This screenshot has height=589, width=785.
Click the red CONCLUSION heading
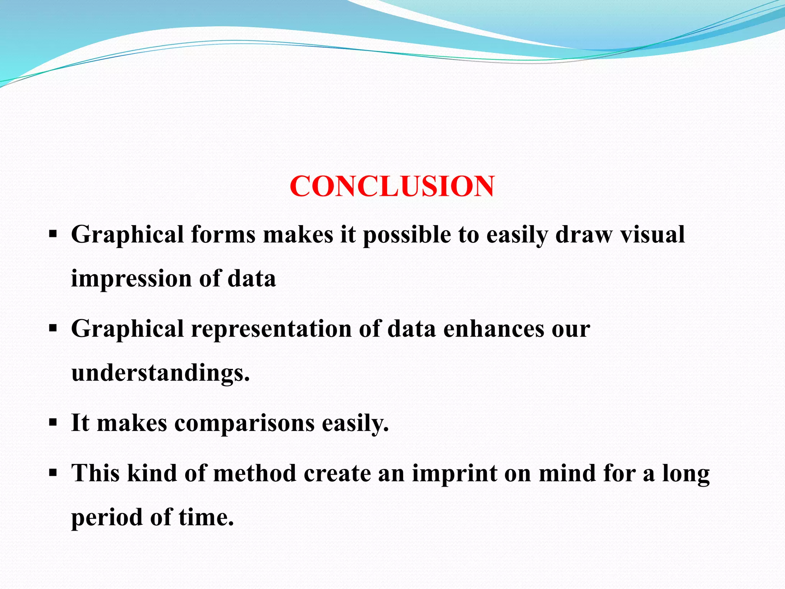click(x=392, y=186)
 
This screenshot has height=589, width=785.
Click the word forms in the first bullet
click(x=223, y=235)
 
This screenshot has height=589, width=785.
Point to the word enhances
click(x=494, y=329)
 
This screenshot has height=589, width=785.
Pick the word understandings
click(x=160, y=373)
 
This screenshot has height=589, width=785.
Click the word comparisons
click(x=244, y=423)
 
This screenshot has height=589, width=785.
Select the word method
click(x=255, y=473)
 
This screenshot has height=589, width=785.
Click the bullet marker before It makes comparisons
click(x=53, y=423)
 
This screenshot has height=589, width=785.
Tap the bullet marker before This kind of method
click(x=53, y=473)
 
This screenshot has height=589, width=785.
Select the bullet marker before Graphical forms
click(x=53, y=234)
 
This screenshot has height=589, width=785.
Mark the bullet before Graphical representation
click(x=53, y=328)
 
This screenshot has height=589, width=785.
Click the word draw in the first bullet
click(x=584, y=235)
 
